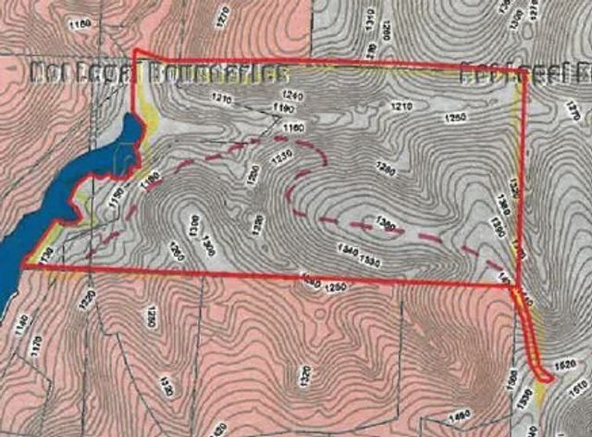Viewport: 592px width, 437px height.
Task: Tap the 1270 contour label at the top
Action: click(223, 17)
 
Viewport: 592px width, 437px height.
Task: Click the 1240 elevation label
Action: click(292, 95)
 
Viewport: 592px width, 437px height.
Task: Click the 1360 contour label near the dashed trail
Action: click(388, 225)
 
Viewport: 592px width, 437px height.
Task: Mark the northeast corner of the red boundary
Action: click(523, 69)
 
